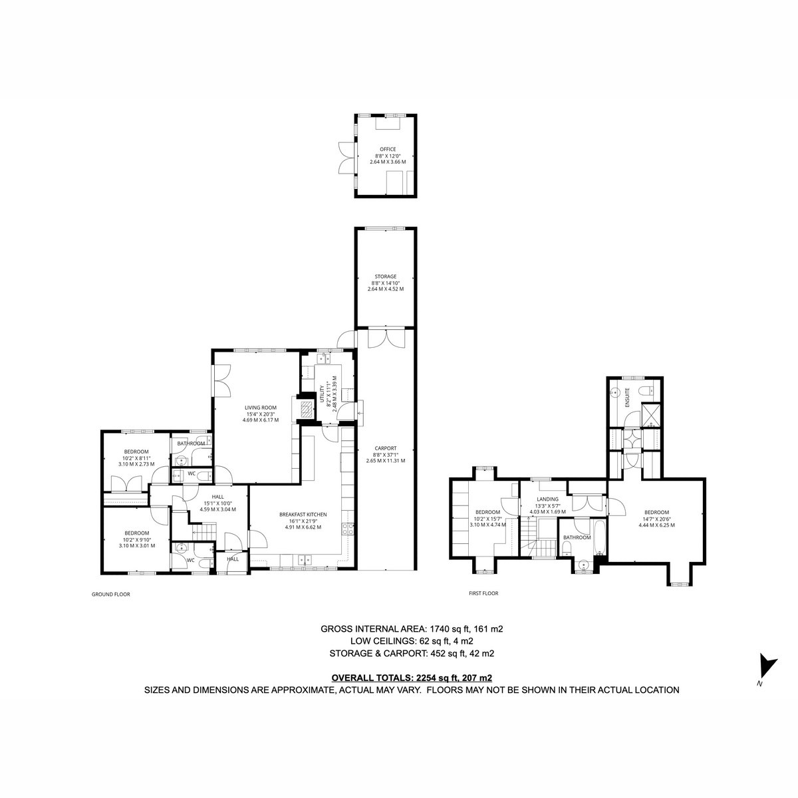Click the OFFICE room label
(x=388, y=149)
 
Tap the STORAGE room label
(x=386, y=276)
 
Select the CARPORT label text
(x=386, y=448)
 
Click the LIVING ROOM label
(x=261, y=408)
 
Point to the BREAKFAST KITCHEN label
(x=303, y=514)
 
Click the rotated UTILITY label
(x=322, y=394)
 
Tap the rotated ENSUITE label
(x=627, y=398)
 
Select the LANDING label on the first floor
(x=547, y=499)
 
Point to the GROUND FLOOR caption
(x=110, y=595)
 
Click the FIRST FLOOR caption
(x=483, y=593)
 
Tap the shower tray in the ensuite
(x=651, y=414)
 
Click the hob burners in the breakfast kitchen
(x=347, y=529)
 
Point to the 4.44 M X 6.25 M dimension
(x=656, y=525)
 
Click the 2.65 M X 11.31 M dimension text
(x=386, y=460)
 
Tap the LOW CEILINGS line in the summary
(x=412, y=652)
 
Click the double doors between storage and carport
(x=386, y=338)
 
